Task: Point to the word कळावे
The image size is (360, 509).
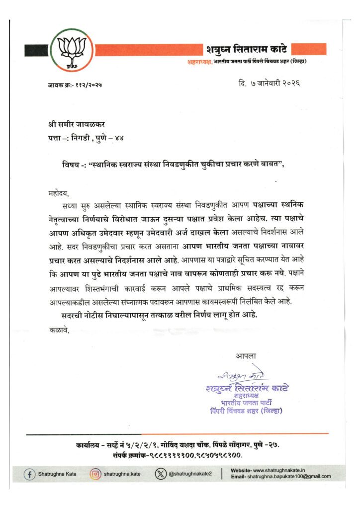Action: [60, 329]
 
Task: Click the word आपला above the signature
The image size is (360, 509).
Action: [245, 356]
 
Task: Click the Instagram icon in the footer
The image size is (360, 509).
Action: [95, 474]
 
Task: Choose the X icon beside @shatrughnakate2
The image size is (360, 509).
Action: [160, 474]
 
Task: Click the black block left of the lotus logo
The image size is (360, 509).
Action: [36, 50]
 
